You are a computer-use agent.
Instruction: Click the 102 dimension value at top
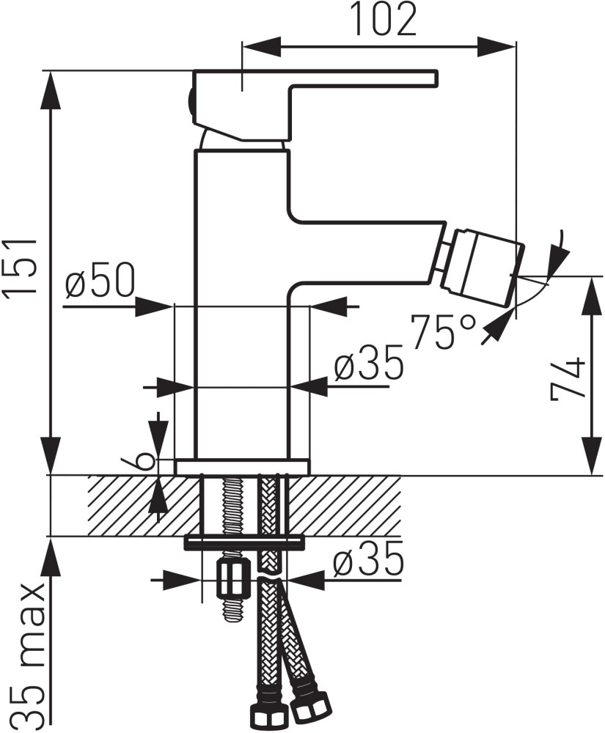[x=384, y=21]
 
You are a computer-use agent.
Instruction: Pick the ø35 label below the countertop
[x=367, y=561]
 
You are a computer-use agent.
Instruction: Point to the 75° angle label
[x=444, y=331]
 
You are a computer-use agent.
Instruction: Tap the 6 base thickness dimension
[x=145, y=460]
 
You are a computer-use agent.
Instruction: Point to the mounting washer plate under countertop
[x=244, y=541]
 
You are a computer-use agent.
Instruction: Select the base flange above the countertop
[x=242, y=467]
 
